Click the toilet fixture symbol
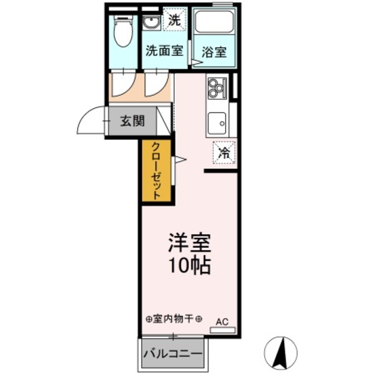coord(123,32)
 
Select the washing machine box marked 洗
coord(174,20)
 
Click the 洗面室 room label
coord(164,51)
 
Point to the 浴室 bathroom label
coord(214,51)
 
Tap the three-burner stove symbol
coord(216,87)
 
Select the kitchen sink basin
coord(219,122)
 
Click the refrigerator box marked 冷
coord(224,154)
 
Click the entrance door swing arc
coord(89,120)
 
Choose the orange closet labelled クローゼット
coord(157,171)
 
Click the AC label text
coord(222,321)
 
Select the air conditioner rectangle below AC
coord(222,330)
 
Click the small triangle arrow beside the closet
coord(180,158)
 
